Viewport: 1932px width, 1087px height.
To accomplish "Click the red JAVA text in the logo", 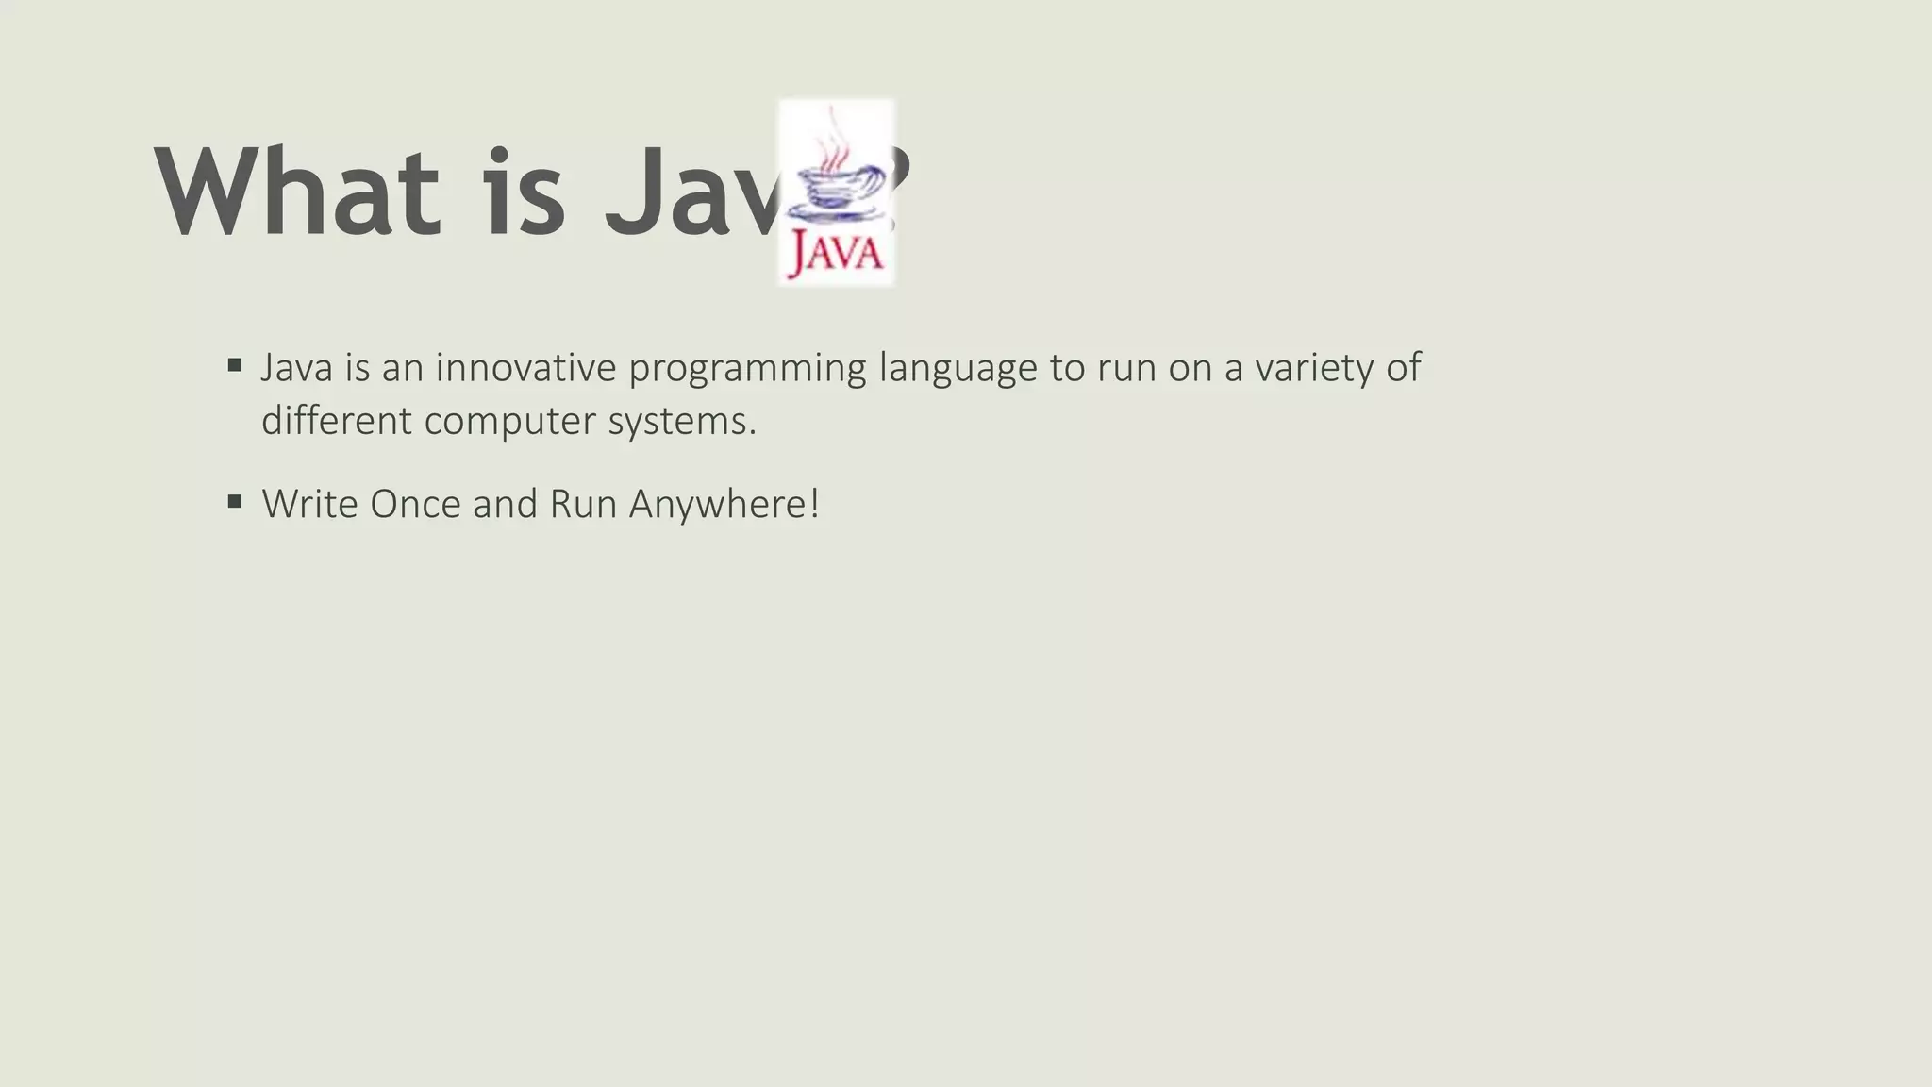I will tap(836, 253).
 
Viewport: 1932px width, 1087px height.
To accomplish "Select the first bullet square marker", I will tap(235, 364).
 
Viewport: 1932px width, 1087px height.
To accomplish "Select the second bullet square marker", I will tap(235, 501).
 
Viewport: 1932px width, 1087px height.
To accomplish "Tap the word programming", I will tap(747, 369).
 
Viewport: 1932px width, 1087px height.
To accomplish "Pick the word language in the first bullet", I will tap(958, 369).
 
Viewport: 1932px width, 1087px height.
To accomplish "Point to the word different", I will tap(337, 420).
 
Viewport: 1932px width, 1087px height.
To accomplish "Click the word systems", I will tap(682, 422).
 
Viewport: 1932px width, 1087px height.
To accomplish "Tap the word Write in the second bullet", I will tap(309, 504).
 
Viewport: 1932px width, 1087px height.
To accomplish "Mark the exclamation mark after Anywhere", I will tap(814, 504).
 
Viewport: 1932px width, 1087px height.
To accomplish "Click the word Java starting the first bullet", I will tap(296, 367).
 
